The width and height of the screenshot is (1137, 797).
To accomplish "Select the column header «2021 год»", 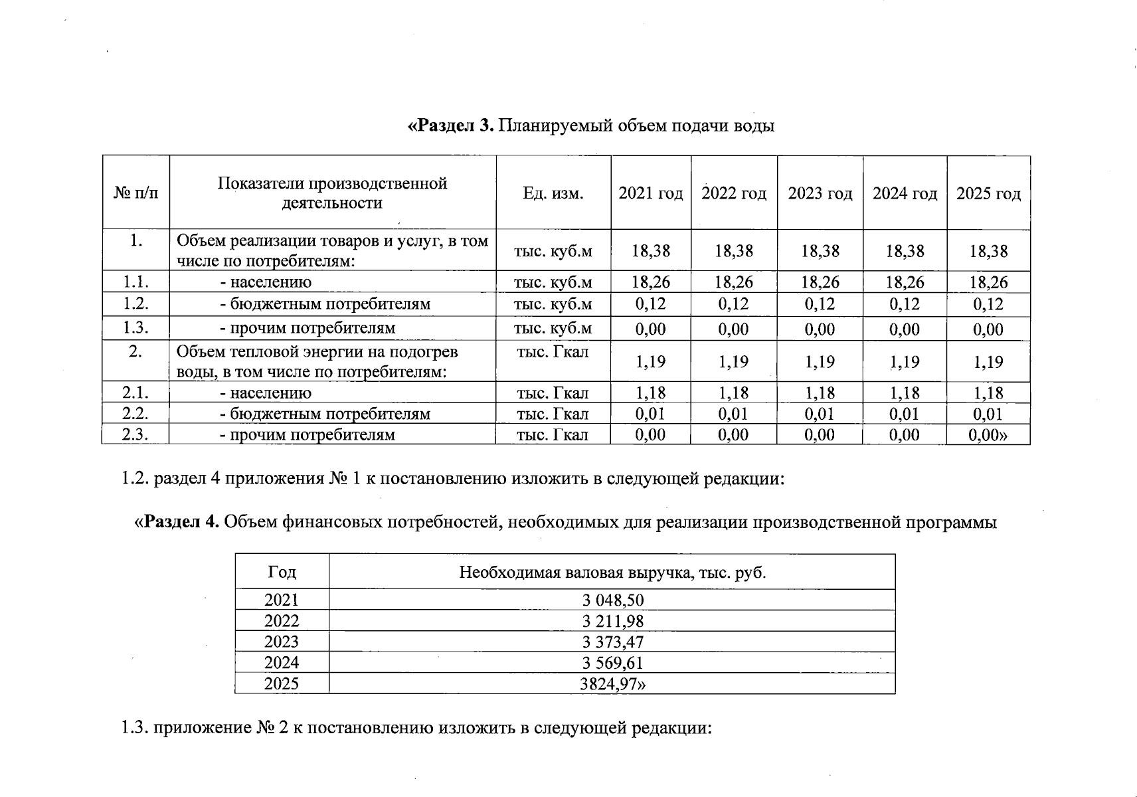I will pos(650,193).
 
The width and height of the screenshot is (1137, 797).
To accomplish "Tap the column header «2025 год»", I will pos(988,193).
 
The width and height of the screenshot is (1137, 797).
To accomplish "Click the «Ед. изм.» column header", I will pos(553,193).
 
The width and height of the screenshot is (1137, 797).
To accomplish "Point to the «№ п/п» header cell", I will pos(136,193).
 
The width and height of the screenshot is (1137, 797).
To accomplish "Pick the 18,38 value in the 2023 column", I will pos(820,251).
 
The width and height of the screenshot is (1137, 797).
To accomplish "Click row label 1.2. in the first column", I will pos(135,304).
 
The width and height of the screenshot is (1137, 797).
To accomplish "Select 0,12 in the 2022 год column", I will pos(733,304).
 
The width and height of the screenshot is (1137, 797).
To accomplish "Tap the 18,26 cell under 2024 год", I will pos(904,282).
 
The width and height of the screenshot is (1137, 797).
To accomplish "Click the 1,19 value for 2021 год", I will pos(650,362).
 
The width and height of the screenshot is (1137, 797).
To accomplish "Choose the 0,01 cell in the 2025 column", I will pos(988,414).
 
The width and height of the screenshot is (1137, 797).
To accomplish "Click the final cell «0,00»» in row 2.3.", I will pos(988,435).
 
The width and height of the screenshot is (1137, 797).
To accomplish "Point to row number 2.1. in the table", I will pos(135,393).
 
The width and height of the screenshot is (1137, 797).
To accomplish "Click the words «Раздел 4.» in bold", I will pos(177,522).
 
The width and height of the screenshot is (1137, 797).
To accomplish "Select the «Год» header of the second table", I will pos(282,572).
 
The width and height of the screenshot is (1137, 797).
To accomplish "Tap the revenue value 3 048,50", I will pos(612,600).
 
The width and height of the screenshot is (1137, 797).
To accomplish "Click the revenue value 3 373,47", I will pos(612,642).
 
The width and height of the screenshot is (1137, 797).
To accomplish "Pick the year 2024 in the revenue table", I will pos(282,663).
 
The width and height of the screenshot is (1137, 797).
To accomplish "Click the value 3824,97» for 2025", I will pos(612,684).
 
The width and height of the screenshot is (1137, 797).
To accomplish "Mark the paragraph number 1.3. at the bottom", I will pos(135,728).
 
